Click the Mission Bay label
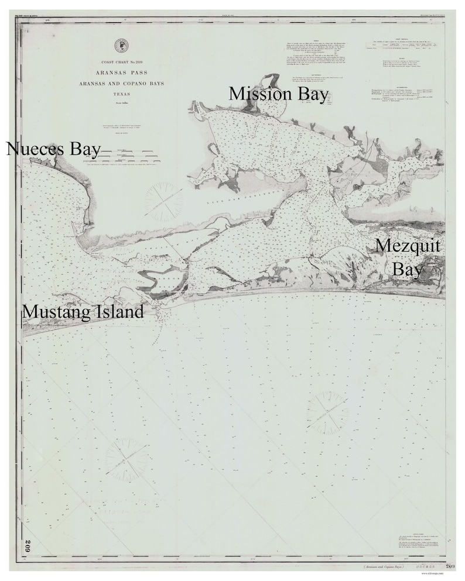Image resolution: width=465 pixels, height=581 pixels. (x=278, y=94)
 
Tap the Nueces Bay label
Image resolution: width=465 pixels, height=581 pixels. (x=53, y=149)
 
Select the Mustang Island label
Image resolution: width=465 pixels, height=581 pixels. (x=83, y=312)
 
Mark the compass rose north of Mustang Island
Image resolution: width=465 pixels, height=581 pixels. (x=164, y=199)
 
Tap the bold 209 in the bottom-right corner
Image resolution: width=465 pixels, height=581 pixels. (x=450, y=566)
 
